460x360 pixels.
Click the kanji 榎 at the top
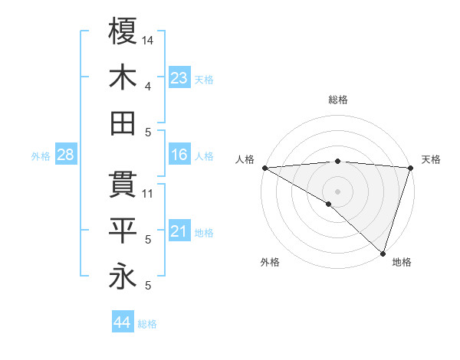(x=123, y=31)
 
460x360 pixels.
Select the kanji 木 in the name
(x=123, y=78)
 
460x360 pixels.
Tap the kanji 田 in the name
(x=123, y=123)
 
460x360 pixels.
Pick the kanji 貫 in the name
(x=123, y=185)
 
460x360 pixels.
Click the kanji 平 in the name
(x=123, y=230)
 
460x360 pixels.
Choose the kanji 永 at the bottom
(x=123, y=277)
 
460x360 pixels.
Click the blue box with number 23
(x=179, y=78)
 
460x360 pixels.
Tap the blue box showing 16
(x=179, y=155)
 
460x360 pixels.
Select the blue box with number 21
(x=179, y=231)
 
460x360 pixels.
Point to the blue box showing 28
(x=65, y=155)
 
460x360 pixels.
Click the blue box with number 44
(x=122, y=322)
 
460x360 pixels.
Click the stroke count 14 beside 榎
(x=149, y=40)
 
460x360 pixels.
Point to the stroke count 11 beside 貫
(x=149, y=194)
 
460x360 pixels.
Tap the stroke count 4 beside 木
(x=147, y=87)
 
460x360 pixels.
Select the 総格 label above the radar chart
(x=338, y=100)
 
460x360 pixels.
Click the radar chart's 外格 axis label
(x=270, y=263)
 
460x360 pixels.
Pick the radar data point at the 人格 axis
(x=264, y=167)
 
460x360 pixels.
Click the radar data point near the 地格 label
(x=383, y=253)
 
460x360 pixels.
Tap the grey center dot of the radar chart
(x=337, y=191)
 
